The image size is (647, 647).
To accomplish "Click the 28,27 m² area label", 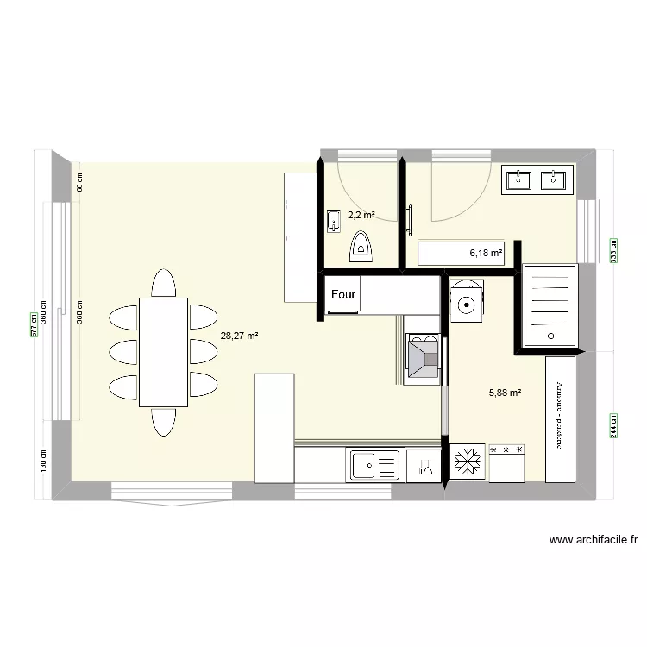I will click(x=240, y=336).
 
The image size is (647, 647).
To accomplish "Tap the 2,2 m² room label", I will click(x=361, y=215).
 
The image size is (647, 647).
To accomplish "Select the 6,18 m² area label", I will click(x=486, y=253).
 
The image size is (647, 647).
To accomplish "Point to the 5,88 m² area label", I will click(x=506, y=393).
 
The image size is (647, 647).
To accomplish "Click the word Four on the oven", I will click(x=343, y=294).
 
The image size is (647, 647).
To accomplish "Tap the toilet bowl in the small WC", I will click(x=361, y=248).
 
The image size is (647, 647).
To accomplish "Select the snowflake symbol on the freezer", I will click(x=468, y=461).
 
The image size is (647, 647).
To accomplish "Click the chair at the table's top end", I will click(x=163, y=282).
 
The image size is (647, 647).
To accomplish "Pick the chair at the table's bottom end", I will click(x=163, y=422).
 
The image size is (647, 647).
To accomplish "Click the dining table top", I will click(x=163, y=351).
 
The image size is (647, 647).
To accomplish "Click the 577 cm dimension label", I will click(x=35, y=323).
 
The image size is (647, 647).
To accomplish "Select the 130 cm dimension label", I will click(x=42, y=458).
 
